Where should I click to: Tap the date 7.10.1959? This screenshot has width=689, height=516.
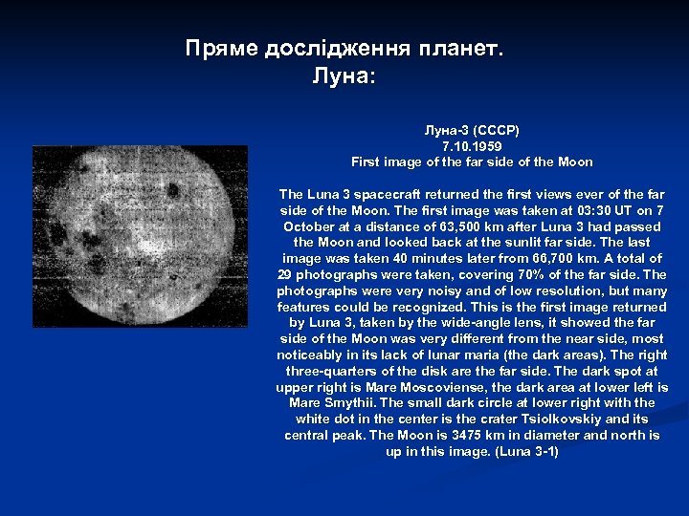[472, 146]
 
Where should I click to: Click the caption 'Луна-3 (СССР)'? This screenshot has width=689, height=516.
[472, 129]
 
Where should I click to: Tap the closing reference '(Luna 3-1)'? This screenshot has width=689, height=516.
[527, 451]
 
